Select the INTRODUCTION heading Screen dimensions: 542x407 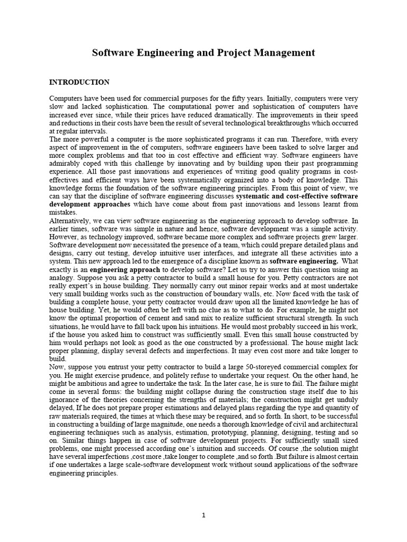point(79,82)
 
